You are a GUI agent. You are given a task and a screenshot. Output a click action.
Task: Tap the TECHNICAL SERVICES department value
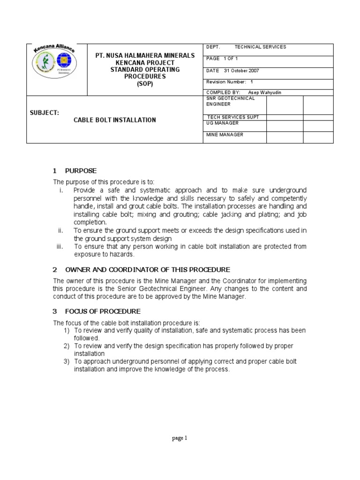[x=260, y=47]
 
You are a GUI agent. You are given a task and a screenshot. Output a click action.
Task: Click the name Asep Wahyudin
[x=266, y=92]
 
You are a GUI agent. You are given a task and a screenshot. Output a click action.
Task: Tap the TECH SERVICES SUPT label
[x=232, y=117]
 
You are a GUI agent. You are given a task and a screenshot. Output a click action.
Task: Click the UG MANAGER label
[x=223, y=123]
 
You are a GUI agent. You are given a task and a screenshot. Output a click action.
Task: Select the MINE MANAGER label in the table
[x=225, y=135]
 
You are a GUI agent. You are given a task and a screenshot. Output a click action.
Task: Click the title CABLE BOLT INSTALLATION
[x=115, y=120]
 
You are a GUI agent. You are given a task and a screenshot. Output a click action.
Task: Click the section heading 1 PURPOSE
[x=75, y=170]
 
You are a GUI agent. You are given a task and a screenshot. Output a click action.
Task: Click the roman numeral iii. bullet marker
[x=60, y=247]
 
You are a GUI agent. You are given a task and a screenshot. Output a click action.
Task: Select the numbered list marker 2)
[x=67, y=345]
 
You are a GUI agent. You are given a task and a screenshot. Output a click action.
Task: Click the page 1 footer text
[x=180, y=438]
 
